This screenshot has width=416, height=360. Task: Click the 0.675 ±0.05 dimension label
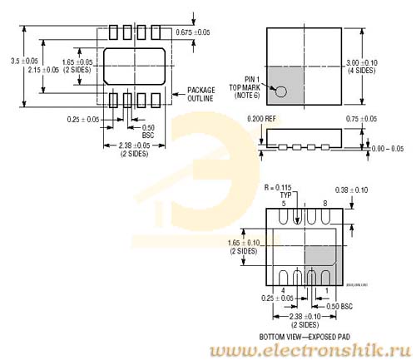193,32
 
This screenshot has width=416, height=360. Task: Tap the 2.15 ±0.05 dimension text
43,70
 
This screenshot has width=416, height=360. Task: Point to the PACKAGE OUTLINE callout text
201,93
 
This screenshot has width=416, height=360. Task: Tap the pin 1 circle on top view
282,93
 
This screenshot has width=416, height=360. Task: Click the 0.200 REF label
261,119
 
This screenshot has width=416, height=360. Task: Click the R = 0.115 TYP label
280,190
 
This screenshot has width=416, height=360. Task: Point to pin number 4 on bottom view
283,290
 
